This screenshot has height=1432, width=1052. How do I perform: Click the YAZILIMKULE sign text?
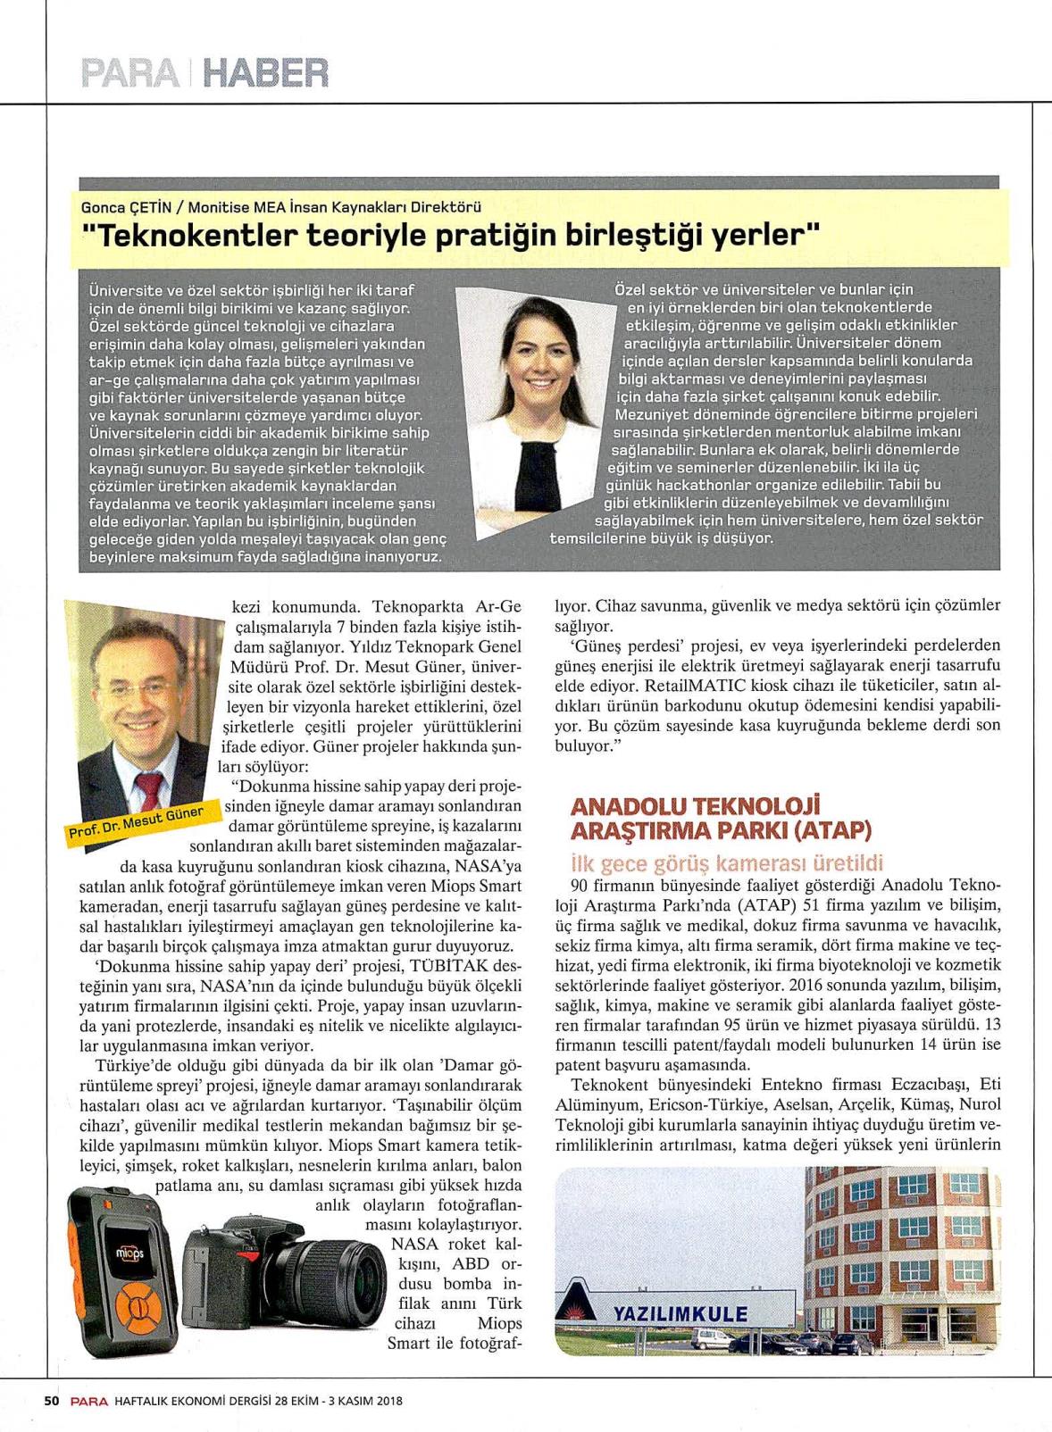680,1315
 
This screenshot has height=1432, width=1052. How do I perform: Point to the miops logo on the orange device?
124,1253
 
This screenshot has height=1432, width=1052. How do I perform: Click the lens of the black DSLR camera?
349,1285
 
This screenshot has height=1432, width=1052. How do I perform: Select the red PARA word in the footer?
90,1401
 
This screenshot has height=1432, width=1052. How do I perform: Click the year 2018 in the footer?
388,1401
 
